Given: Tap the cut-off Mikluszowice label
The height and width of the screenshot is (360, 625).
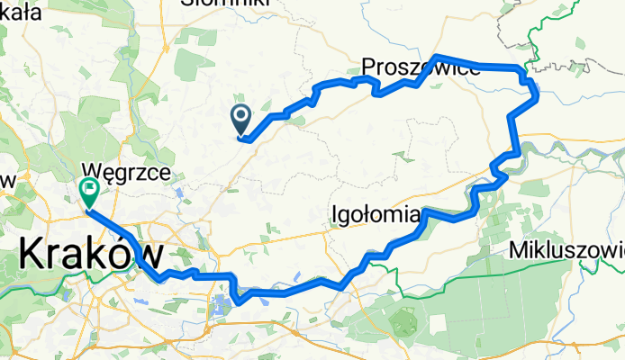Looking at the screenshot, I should [566, 248].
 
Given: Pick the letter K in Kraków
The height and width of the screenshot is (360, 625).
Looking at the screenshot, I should [32, 255].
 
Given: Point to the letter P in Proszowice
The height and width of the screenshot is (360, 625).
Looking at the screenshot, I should [369, 68].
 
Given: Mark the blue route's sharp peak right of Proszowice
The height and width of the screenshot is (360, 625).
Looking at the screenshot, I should [436, 58].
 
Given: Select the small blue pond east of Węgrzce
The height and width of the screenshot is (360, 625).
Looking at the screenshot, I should [181, 192].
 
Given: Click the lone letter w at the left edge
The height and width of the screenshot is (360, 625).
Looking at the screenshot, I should [8, 180].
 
